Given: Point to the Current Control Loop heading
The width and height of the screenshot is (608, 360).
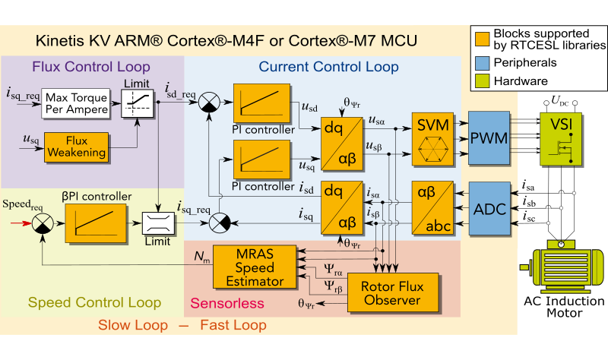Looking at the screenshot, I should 328,67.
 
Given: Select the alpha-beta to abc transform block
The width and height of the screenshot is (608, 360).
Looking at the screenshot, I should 433,207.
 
